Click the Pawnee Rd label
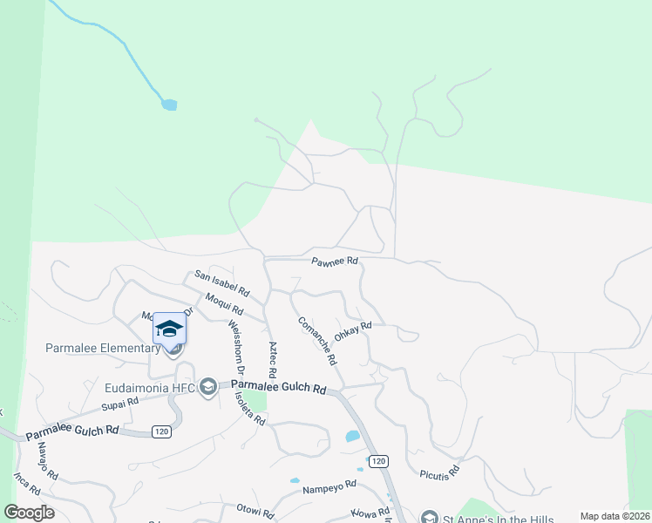click(x=336, y=261)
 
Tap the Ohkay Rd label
click(x=353, y=331)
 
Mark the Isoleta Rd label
click(x=248, y=407)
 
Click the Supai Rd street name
click(x=119, y=403)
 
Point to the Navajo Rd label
click(x=46, y=461)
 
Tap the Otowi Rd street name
click(x=255, y=508)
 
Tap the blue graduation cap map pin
click(x=170, y=329)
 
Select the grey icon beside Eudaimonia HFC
click(x=207, y=386)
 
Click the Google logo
click(x=29, y=513)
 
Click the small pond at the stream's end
click(x=168, y=105)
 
